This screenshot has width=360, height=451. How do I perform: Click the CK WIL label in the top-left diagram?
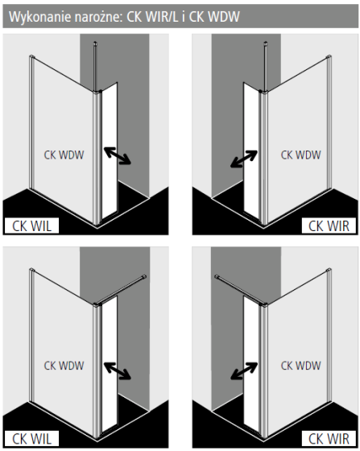coord(31,226)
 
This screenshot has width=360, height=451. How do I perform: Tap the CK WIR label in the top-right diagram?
coord(329,226)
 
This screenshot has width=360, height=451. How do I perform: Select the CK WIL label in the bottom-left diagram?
coord(31,439)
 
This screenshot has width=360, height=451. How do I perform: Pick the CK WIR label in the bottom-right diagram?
coord(329,439)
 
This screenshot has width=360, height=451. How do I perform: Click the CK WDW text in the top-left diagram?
coord(64,155)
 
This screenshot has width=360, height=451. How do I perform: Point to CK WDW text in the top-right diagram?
coord(300,155)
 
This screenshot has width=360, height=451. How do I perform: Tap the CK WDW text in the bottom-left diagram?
coord(64,366)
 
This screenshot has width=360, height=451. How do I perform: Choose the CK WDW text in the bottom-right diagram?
coord(300,366)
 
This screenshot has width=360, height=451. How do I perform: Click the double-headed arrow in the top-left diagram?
coord(118,155)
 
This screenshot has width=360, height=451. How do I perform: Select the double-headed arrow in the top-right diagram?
coord(244,159)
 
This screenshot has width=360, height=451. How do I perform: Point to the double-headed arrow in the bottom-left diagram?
coord(118,371)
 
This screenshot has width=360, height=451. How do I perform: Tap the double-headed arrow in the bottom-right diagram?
coord(244,371)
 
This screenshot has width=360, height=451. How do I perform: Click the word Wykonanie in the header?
coord(40,17)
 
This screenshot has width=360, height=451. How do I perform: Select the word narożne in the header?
coord(99,18)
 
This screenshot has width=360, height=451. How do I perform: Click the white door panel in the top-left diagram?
coord(110,151)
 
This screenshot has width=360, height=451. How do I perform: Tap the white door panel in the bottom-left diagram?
coord(110,364)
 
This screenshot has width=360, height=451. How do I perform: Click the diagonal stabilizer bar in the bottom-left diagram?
coord(120,290)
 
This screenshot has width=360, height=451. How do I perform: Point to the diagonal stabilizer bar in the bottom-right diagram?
coord(241,290)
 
